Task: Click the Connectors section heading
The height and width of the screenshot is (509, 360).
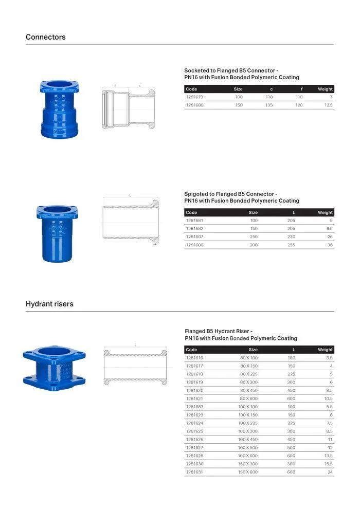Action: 46,37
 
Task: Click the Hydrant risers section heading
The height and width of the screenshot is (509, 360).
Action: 49,304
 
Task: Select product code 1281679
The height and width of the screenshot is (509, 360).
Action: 194,97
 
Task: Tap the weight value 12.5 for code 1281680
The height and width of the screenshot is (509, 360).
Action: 328,105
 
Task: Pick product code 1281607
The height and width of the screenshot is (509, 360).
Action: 194,237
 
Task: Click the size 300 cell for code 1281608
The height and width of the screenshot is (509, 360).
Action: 254,245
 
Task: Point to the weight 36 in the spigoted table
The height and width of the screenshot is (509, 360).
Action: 329,245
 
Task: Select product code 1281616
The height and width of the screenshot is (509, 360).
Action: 194,357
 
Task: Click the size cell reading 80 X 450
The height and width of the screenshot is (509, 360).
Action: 248,390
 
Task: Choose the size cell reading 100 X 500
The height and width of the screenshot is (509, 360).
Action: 248,447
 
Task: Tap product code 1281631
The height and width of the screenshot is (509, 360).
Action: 194,472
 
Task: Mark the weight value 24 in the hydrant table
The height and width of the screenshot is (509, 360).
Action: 330,472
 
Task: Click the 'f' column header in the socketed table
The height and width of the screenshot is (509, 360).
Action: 301,89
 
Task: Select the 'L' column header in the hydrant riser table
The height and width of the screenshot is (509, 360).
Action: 293,350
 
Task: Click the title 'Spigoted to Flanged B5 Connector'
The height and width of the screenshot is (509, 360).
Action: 230,194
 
